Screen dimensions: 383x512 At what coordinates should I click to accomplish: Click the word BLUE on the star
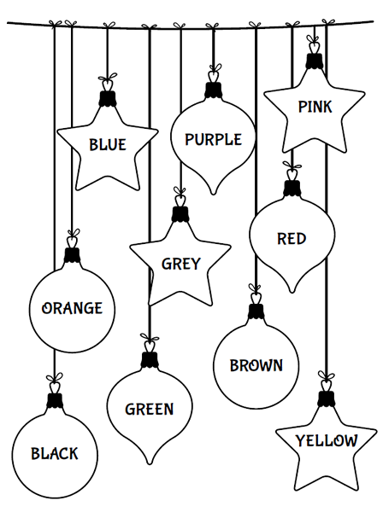click(x=108, y=145)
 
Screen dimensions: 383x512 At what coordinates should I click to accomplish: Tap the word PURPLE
click(x=213, y=139)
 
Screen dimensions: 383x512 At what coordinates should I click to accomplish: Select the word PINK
click(x=315, y=107)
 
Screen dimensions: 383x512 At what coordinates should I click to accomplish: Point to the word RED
click(x=292, y=239)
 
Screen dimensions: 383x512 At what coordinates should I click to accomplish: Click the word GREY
click(x=181, y=264)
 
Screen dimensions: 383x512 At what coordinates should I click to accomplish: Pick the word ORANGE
click(x=72, y=308)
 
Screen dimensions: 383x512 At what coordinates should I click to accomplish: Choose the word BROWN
click(x=256, y=365)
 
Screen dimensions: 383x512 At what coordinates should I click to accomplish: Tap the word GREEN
click(x=149, y=409)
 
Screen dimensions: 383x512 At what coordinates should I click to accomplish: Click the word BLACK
click(x=55, y=454)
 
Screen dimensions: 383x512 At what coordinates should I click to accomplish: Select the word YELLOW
click(x=327, y=440)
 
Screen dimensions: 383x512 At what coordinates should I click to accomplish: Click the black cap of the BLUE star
click(x=108, y=98)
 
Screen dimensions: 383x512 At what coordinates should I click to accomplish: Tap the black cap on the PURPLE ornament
click(x=213, y=90)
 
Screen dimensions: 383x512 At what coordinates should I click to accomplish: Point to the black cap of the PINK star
click(x=315, y=61)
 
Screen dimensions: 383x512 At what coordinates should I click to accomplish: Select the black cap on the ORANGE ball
click(x=72, y=255)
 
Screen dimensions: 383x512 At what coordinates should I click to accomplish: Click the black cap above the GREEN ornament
click(x=150, y=360)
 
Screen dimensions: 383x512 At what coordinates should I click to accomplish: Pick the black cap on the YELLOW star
click(x=326, y=399)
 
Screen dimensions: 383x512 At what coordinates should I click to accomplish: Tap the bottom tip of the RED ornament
click(x=292, y=292)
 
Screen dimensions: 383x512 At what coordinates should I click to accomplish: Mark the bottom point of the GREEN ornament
click(x=150, y=463)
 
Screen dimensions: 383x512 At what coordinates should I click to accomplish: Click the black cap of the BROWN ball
click(x=256, y=311)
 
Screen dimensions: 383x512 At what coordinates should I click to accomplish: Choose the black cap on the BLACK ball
click(x=55, y=400)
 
